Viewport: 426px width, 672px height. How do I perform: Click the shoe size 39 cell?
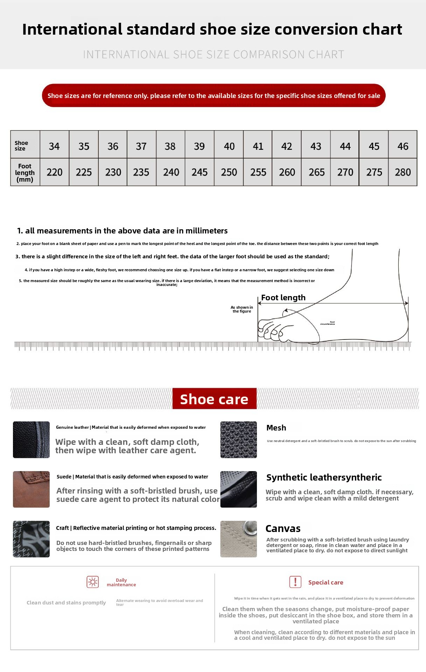click(x=199, y=146)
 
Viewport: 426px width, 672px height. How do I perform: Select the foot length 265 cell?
click(x=316, y=172)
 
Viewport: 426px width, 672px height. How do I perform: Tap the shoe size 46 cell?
click(x=403, y=146)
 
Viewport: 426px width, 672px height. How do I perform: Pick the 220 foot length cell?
click(x=54, y=172)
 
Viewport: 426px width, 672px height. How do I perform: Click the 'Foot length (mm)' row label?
click(x=25, y=173)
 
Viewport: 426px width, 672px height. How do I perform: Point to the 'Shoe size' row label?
click(x=21, y=146)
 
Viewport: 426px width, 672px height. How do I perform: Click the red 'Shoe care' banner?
click(x=214, y=399)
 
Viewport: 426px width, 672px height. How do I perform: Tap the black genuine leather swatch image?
click(x=31, y=440)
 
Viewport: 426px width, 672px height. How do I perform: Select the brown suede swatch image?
click(x=31, y=489)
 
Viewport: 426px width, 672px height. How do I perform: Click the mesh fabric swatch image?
click(x=238, y=440)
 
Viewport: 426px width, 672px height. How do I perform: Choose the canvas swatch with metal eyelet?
click(x=238, y=539)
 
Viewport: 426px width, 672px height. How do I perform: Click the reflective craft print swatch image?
click(x=31, y=539)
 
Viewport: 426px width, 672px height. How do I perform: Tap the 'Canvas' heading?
click(x=283, y=528)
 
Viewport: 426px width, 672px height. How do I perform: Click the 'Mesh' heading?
click(x=276, y=428)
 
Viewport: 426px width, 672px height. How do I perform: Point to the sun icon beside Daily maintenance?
click(x=93, y=582)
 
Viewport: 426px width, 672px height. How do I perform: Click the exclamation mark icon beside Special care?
click(x=295, y=582)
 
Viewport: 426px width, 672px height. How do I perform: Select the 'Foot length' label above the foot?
click(x=283, y=297)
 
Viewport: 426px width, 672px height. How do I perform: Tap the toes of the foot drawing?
click(x=271, y=329)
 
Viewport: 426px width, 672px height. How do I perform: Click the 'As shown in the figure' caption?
click(x=242, y=309)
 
